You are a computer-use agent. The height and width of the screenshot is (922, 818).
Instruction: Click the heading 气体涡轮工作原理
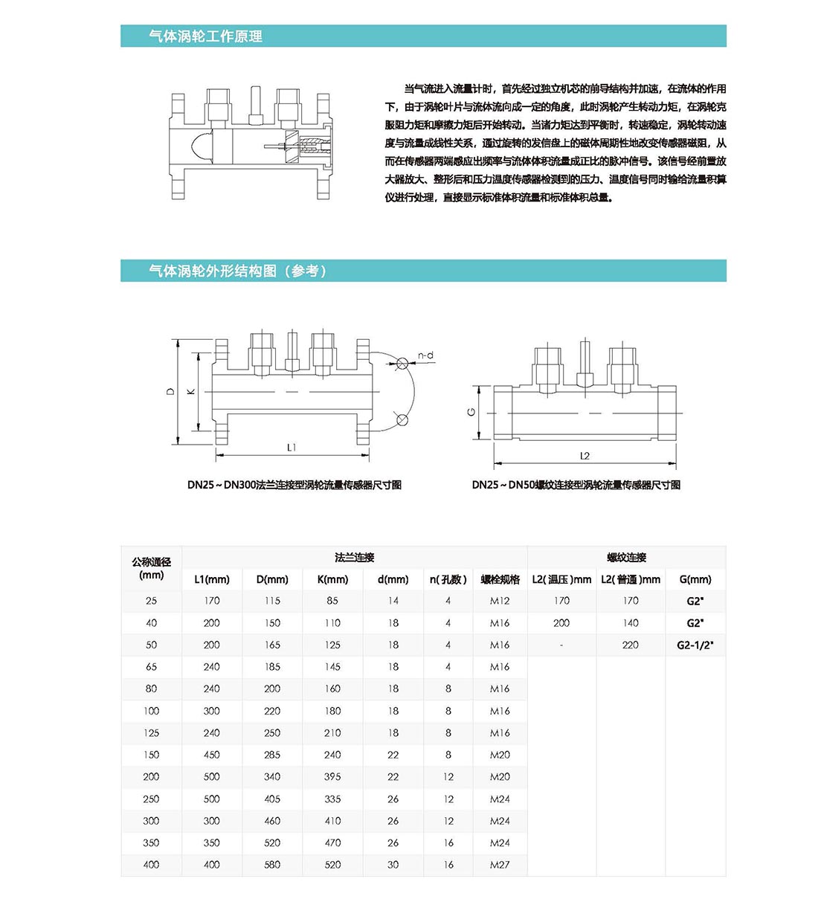(x=205, y=36)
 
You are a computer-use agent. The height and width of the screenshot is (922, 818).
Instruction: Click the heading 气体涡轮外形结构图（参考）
(x=237, y=271)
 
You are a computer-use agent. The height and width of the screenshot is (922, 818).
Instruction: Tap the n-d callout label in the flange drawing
(x=425, y=355)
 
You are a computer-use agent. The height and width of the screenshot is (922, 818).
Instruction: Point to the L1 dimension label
(x=292, y=448)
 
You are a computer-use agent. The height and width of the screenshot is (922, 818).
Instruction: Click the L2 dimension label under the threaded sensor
(x=584, y=456)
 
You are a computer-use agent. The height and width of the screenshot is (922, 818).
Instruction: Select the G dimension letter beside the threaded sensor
(x=471, y=412)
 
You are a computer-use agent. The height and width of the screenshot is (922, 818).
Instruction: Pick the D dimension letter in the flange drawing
(x=170, y=391)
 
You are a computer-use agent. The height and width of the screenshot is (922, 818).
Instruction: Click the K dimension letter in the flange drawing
(x=191, y=391)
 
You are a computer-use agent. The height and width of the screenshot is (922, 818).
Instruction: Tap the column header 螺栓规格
(x=500, y=579)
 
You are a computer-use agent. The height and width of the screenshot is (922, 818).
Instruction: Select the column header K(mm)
(x=332, y=579)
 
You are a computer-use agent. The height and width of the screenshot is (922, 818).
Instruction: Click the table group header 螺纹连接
(x=626, y=557)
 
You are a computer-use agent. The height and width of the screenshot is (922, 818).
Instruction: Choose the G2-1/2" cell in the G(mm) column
(x=695, y=645)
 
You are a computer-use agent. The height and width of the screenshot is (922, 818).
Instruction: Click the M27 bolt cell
(x=500, y=865)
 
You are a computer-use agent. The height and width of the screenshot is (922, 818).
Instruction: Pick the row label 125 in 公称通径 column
(x=151, y=732)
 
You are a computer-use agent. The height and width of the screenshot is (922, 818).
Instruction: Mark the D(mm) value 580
(x=272, y=865)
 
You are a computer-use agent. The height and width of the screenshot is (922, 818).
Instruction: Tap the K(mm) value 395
(x=332, y=776)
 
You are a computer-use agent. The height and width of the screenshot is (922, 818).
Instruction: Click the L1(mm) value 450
(x=212, y=755)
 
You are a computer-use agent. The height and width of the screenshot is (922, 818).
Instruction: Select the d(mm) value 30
(x=393, y=865)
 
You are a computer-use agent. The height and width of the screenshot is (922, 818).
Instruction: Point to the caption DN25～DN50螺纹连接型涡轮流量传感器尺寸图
(x=576, y=485)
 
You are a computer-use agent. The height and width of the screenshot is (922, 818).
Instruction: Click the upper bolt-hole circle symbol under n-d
(x=402, y=364)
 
